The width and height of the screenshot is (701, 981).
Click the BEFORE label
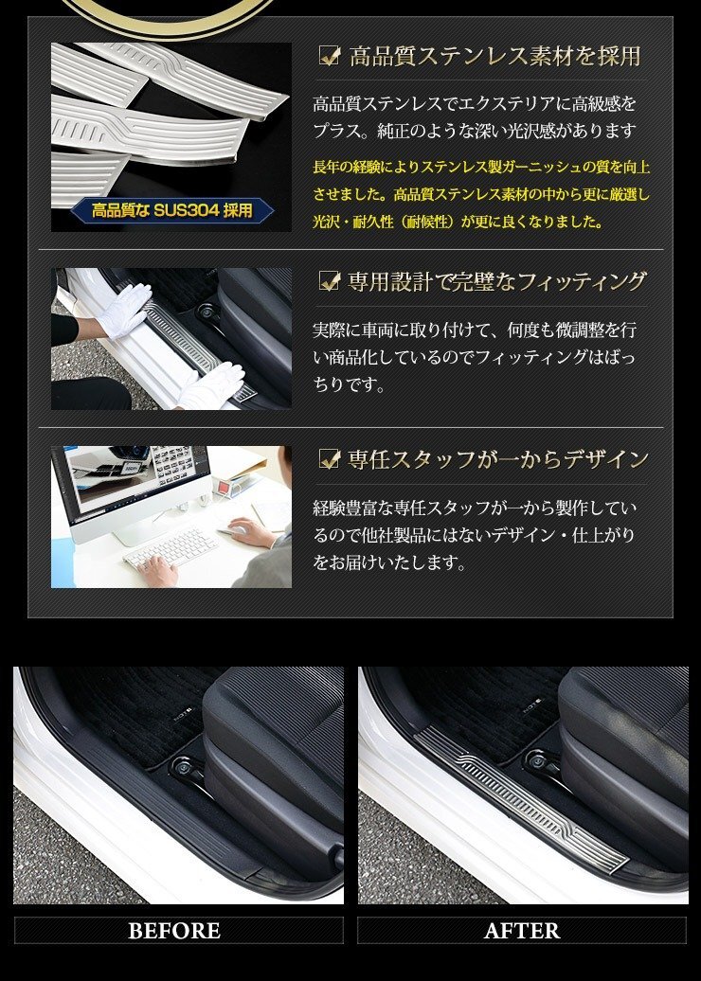[x=174, y=930]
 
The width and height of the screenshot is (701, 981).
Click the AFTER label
[x=522, y=930]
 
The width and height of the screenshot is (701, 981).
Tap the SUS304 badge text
[x=172, y=210]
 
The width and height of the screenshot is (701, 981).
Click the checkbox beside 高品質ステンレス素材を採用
[x=330, y=56]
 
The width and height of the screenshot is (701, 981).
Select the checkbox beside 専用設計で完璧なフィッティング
[x=330, y=281]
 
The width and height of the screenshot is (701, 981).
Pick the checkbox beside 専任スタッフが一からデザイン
[x=330, y=458]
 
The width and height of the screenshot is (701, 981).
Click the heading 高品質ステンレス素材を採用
[x=494, y=56]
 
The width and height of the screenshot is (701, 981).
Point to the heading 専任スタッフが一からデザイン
[x=498, y=459]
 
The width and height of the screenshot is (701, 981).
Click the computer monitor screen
[x=135, y=478]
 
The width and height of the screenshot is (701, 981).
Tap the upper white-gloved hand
[x=125, y=310]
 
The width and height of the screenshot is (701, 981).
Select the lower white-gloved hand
[x=213, y=385]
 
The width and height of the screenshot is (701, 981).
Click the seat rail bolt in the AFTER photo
[x=538, y=760]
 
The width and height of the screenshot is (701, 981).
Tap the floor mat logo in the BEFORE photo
[x=185, y=719]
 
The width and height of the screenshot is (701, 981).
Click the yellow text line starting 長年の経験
[x=481, y=167]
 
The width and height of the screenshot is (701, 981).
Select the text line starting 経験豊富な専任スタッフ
[x=475, y=508]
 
